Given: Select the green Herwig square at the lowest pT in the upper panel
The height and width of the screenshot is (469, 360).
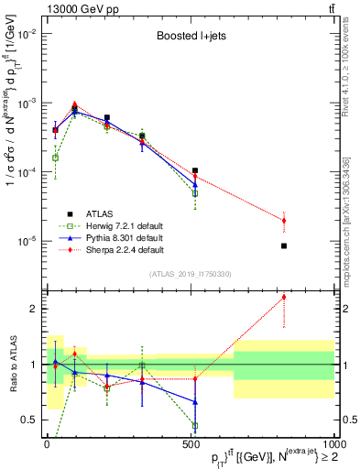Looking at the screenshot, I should pyautogui.click(x=56, y=158).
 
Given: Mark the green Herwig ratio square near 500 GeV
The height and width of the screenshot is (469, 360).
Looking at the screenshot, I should pyautogui.click(x=195, y=425).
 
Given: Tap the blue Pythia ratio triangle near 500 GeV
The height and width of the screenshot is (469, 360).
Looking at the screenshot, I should pyautogui.click(x=195, y=402).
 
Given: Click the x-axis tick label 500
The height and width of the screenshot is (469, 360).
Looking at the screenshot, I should pyautogui.click(x=190, y=442).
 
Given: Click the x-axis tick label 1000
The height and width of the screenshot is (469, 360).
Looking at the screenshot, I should pyautogui.click(x=332, y=442).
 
